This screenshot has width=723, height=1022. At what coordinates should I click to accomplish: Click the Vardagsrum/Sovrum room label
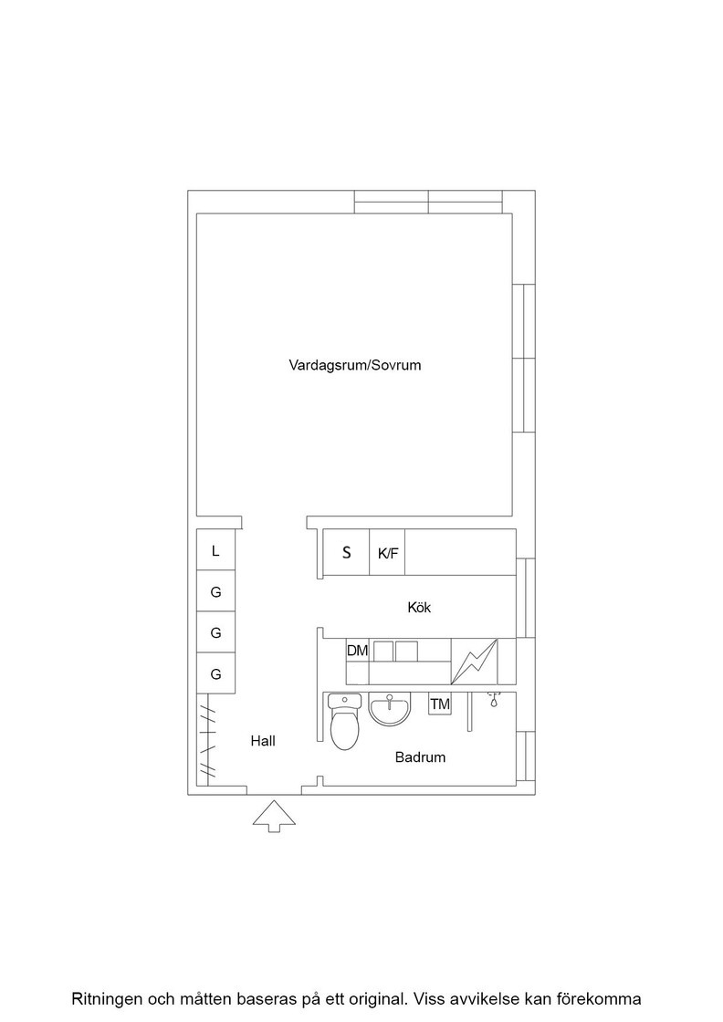(355, 365)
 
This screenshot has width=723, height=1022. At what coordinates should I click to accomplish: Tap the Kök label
(419, 608)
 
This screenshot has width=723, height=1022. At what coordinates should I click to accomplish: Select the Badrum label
(421, 757)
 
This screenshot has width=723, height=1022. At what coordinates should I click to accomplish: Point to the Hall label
(263, 741)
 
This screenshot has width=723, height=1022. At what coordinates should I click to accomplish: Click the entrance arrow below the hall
(274, 816)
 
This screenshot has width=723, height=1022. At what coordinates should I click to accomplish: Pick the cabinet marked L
(215, 550)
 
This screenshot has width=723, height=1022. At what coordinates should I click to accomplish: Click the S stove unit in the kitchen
(346, 552)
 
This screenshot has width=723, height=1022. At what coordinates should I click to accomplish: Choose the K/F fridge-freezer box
(387, 552)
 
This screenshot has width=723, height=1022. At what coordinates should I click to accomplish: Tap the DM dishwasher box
(357, 651)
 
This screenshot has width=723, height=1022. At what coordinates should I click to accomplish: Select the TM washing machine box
(440, 704)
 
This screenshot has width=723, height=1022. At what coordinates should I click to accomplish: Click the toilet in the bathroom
(344, 721)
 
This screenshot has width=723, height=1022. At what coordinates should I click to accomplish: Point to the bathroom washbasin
(390, 709)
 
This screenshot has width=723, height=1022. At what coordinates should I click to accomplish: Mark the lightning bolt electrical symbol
(475, 662)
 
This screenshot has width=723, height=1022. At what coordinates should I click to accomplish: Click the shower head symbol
(495, 700)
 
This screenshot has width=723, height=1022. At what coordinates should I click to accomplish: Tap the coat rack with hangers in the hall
(207, 739)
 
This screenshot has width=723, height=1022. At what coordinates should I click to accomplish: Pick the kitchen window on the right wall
(526, 598)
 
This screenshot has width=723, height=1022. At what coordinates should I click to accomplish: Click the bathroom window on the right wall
(526, 756)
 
